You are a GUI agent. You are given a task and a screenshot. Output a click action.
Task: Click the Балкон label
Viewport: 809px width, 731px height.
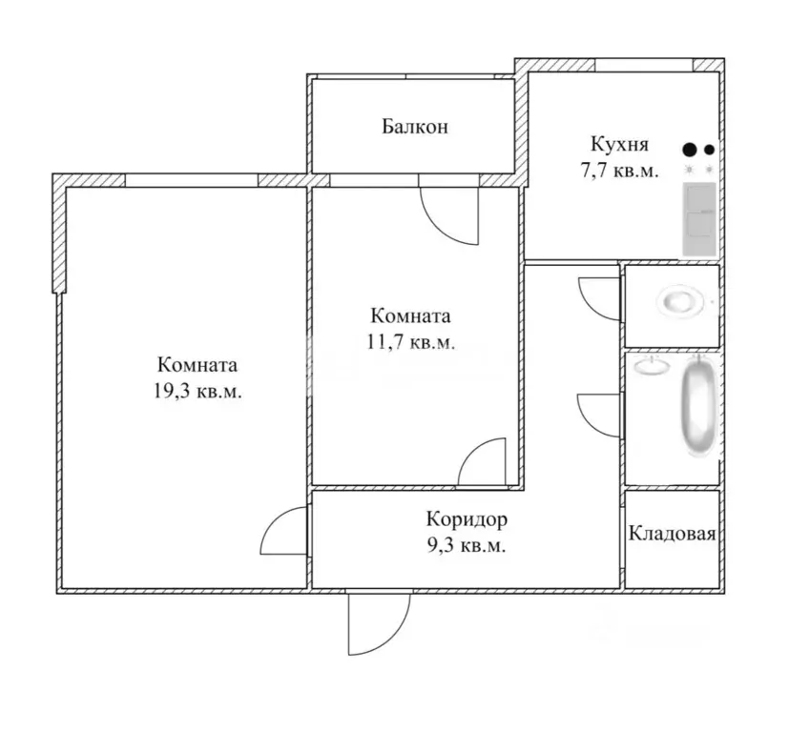414,126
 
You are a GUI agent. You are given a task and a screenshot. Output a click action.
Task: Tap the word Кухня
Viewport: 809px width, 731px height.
620,145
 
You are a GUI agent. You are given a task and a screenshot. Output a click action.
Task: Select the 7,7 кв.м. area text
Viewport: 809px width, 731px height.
620,173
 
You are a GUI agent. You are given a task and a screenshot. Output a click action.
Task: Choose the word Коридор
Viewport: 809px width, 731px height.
467,520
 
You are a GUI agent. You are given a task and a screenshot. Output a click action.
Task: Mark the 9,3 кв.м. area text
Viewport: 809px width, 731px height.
467,546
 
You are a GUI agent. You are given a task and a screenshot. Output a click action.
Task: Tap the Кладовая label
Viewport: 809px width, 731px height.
672,534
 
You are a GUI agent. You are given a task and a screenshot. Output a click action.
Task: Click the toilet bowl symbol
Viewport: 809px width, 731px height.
684,303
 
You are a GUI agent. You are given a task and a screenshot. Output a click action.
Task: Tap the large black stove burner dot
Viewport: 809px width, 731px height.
690,150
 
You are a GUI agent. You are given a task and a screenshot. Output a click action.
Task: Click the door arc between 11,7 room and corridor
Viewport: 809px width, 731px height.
481,462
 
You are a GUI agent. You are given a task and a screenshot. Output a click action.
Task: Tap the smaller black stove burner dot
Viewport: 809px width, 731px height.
709,150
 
